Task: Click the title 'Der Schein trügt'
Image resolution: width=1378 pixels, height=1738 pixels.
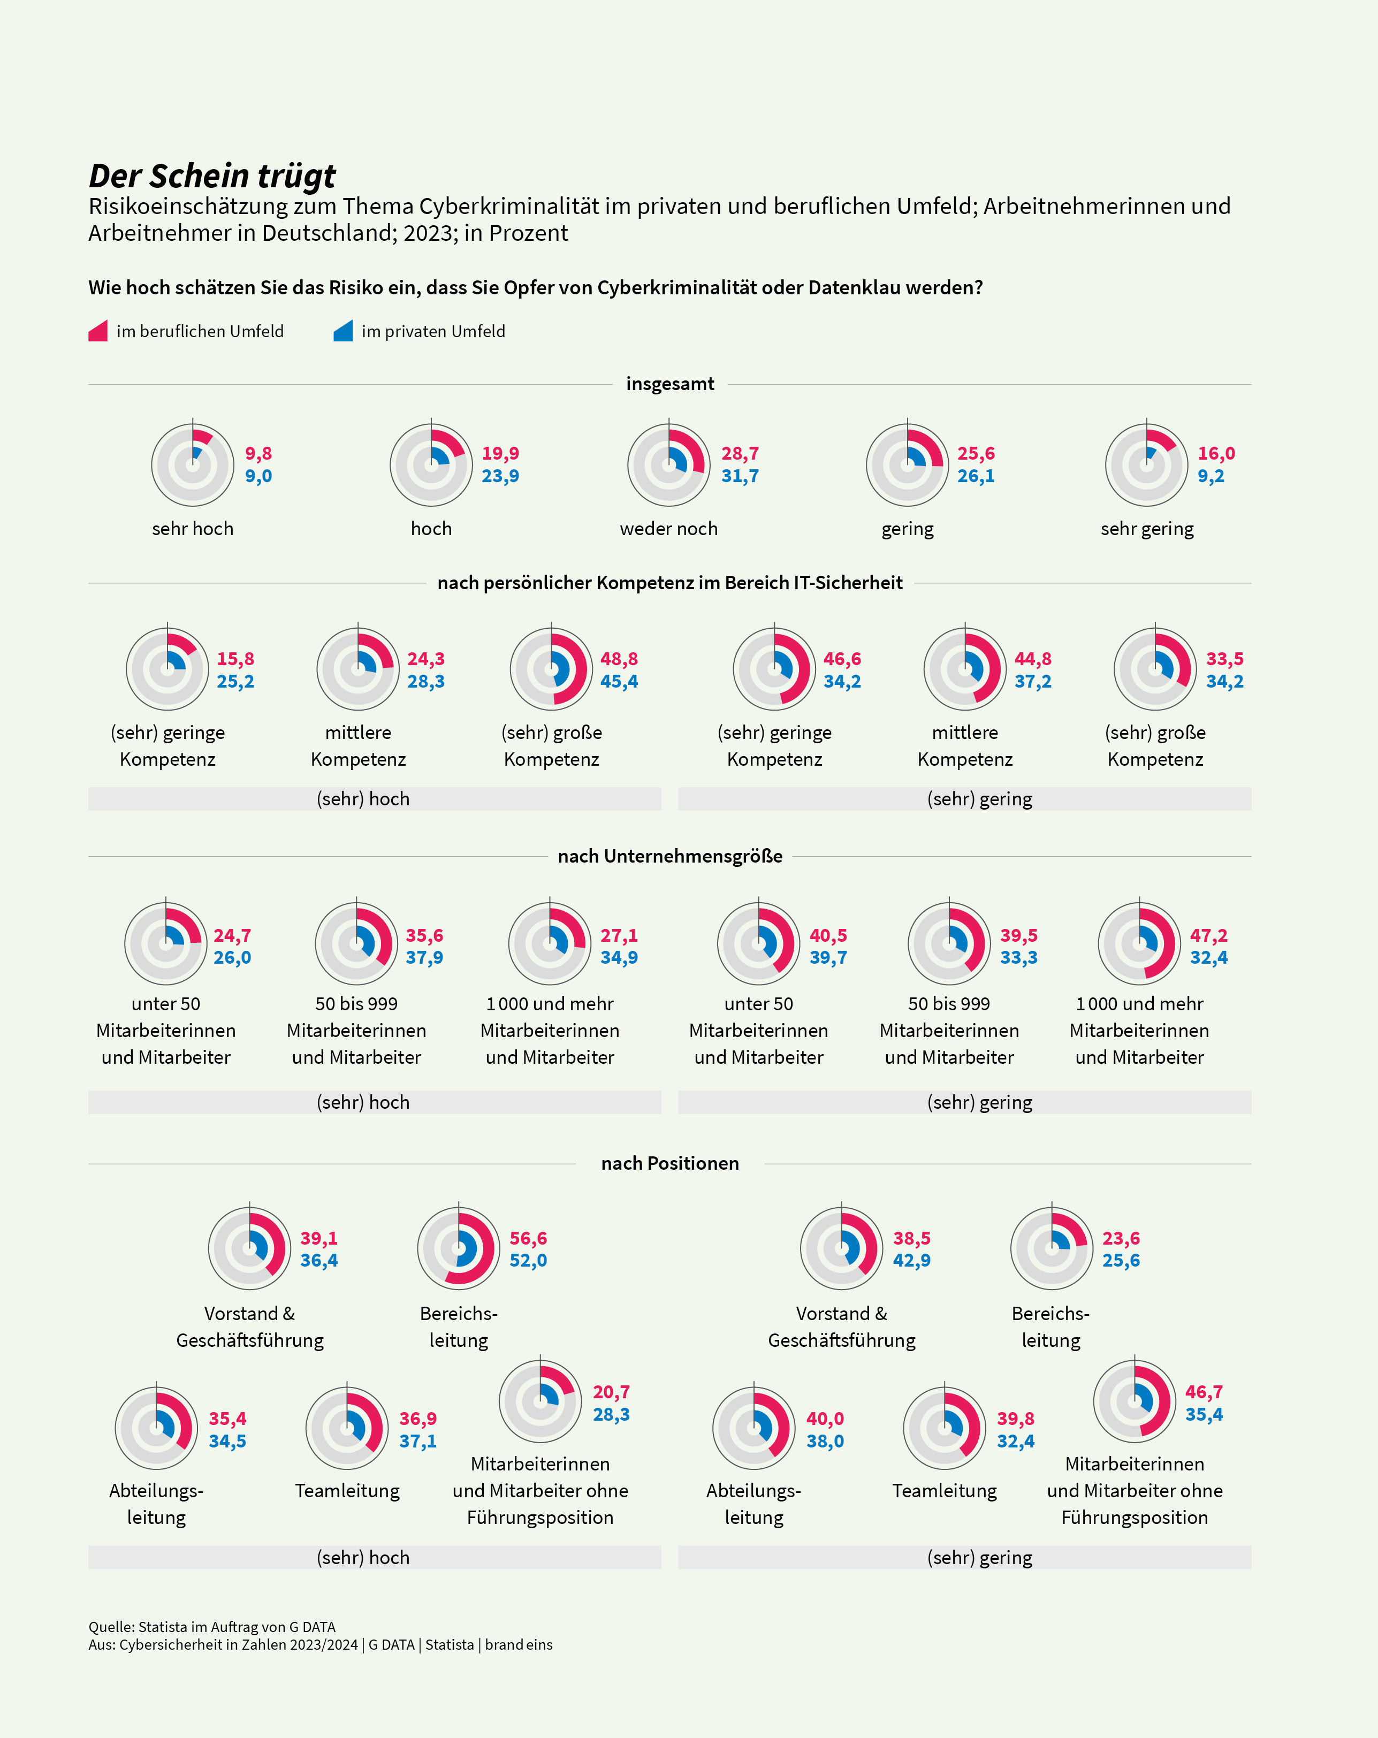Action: (212, 176)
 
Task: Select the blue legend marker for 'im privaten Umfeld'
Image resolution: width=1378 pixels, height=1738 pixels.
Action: (344, 331)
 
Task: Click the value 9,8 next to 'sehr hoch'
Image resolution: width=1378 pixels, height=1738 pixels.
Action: (259, 453)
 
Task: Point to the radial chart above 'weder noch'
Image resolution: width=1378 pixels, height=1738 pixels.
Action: (669, 464)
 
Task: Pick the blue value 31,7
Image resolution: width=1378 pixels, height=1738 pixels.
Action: (740, 476)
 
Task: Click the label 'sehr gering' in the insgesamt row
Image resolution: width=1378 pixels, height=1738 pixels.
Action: (1147, 529)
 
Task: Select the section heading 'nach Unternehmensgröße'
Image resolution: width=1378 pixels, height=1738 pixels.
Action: (670, 856)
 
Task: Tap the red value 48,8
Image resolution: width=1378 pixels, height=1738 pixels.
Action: (619, 659)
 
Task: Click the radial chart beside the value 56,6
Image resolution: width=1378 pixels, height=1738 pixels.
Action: (459, 1247)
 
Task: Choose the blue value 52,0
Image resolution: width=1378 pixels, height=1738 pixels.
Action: (528, 1260)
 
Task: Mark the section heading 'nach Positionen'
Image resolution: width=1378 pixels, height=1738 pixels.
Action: (670, 1163)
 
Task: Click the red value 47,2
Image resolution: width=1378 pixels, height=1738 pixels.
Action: (1209, 935)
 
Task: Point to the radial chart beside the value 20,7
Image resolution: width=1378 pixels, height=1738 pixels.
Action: (540, 1401)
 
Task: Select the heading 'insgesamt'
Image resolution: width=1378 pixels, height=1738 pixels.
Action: (670, 384)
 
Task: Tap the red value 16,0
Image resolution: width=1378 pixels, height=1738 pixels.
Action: (1216, 453)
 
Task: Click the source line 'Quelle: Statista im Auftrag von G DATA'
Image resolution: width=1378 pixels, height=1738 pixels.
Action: (212, 1627)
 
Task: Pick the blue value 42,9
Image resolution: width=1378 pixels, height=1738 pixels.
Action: (912, 1260)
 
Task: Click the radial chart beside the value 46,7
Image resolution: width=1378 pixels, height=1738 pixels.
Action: (1135, 1401)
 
